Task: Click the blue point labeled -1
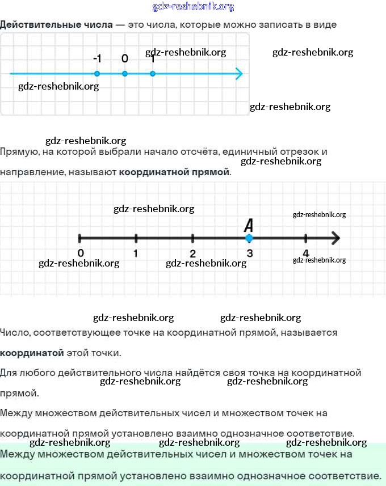(97, 74)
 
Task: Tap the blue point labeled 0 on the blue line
(125, 74)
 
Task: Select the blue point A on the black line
(249, 238)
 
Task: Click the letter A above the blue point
(249, 225)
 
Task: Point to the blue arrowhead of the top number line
(239, 74)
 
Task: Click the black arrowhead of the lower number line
(335, 238)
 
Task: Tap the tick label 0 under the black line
(81, 253)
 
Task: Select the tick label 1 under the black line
(136, 253)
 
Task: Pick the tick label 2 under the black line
(193, 253)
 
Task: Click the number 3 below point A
(249, 253)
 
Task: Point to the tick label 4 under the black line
(306, 253)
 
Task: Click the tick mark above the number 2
(193, 238)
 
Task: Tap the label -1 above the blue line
(97, 59)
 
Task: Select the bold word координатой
(32, 353)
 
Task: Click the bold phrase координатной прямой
(174, 171)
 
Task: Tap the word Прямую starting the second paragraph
(18, 152)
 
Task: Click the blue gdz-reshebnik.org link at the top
(193, 7)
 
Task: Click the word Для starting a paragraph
(8, 373)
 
